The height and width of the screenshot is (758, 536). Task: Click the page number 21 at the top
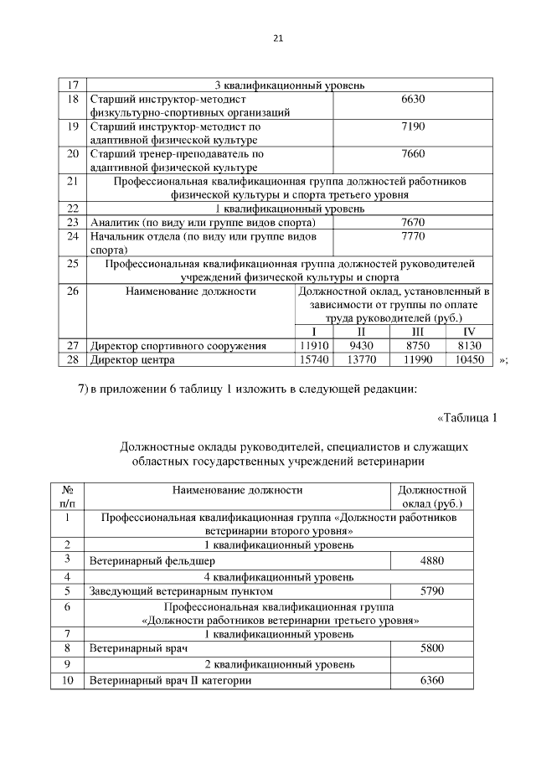point(279,39)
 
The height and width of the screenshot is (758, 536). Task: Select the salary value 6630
point(413,99)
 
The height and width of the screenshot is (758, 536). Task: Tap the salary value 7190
point(413,126)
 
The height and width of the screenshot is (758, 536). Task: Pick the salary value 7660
point(413,154)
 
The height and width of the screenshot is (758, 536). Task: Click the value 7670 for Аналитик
point(413,222)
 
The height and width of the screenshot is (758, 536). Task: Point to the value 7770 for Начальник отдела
point(413,236)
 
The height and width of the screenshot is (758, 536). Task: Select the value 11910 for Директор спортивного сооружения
point(315,345)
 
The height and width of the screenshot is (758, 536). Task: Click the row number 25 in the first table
point(72,264)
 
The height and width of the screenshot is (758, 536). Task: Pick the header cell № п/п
point(68,497)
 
